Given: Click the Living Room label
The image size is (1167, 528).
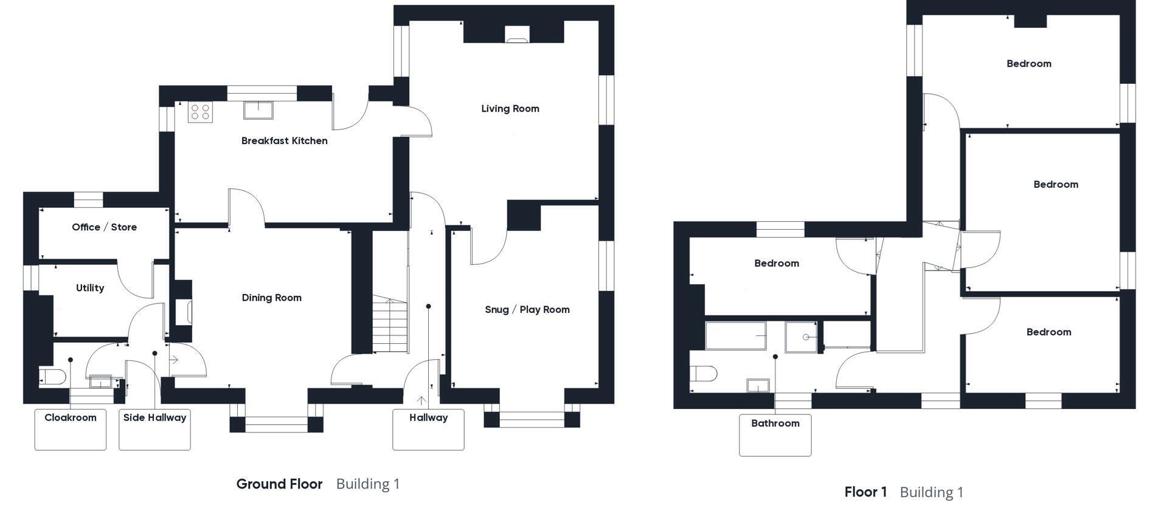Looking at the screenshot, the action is click(510, 109).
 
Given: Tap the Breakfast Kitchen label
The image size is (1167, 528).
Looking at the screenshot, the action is click(285, 141).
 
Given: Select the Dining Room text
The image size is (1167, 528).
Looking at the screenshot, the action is click(272, 298).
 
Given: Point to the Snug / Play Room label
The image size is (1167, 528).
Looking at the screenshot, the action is click(527, 309).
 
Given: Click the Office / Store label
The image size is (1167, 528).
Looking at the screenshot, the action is click(105, 227).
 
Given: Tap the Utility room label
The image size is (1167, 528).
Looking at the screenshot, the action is click(90, 288).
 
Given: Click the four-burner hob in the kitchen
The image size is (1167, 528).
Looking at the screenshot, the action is click(200, 112).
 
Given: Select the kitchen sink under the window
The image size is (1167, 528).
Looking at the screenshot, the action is click(258, 110).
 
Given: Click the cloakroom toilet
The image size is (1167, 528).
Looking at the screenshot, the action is click(52, 377).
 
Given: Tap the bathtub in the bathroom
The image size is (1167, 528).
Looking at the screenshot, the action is click(736, 336).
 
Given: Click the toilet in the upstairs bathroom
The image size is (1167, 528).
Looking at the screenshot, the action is click(704, 373).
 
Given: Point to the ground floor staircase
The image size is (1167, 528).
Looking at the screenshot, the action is click(389, 323).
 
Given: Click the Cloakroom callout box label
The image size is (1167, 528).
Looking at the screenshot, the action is click(71, 418).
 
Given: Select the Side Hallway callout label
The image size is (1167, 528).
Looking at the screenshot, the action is click(154, 418).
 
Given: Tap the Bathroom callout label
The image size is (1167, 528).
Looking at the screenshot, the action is click(775, 423).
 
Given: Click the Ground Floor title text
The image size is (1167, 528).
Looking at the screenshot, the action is click(280, 484).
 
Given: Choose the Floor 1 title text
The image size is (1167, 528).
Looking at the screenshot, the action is click(865, 492).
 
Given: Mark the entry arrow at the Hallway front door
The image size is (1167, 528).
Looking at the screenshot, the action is click(421, 401).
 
